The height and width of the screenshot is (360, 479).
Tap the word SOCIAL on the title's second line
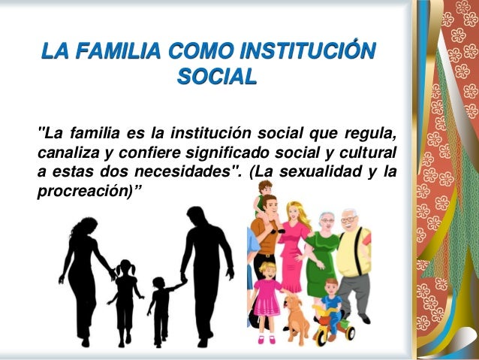pos(216,77)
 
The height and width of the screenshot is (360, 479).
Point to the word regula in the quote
pos(369,135)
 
